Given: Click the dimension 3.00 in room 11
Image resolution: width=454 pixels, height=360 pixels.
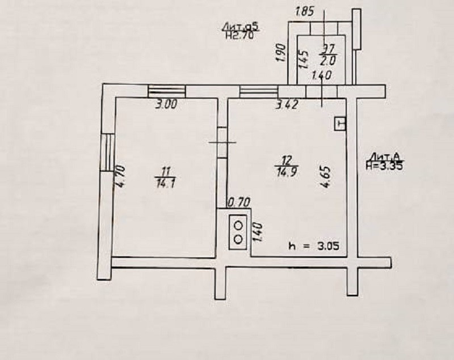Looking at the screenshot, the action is (x=167, y=104).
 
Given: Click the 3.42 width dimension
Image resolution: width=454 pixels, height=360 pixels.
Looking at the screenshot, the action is (x=287, y=104).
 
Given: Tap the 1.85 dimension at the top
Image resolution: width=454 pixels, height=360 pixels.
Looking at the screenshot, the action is (x=305, y=11).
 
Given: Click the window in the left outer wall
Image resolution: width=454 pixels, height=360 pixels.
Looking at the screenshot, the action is (x=106, y=151).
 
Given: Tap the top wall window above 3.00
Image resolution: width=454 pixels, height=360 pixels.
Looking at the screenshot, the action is (x=167, y=91).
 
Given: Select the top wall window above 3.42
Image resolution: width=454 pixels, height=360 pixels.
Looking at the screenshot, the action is (x=258, y=91).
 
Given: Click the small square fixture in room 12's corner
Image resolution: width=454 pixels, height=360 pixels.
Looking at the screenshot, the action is (x=339, y=124).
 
